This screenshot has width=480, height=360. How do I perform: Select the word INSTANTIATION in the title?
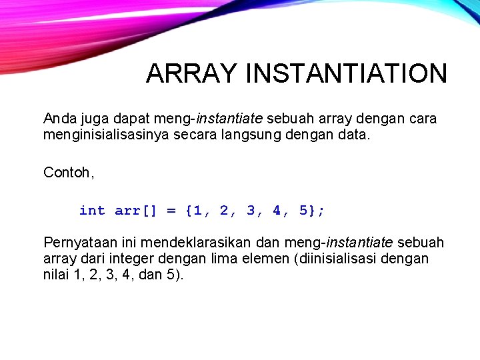click(x=346, y=74)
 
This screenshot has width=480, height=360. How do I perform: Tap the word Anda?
click(x=59, y=119)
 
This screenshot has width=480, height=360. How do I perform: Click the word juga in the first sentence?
click(x=95, y=119)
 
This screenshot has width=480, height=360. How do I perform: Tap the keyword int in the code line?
click(x=92, y=211)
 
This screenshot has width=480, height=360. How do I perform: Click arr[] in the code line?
click(x=136, y=211)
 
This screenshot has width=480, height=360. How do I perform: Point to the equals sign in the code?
click(x=171, y=211)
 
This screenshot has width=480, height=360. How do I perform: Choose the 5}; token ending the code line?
click(x=312, y=211)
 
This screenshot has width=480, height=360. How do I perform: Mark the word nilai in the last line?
click(x=57, y=274)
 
